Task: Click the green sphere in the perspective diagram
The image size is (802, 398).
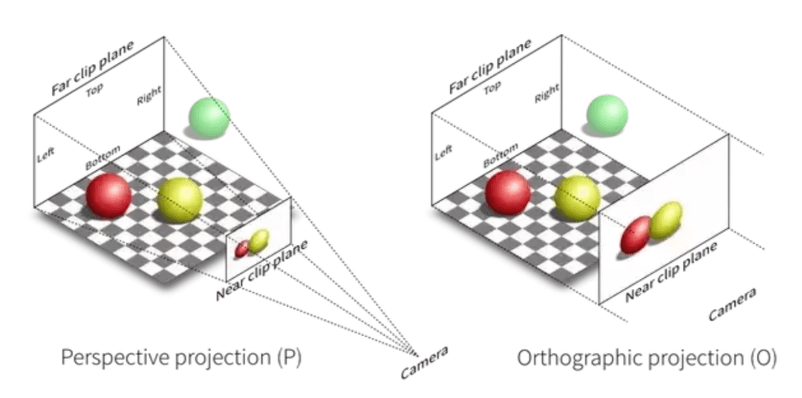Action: click(x=209, y=117)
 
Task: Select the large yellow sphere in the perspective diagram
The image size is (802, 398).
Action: click(x=180, y=200)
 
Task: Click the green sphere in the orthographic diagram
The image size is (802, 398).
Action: click(x=607, y=116)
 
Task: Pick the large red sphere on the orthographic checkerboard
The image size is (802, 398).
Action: click(x=508, y=192)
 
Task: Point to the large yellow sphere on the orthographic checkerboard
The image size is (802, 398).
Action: click(x=578, y=198)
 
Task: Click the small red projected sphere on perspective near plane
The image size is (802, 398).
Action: click(x=242, y=249)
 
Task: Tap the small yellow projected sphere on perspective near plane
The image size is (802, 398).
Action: click(x=259, y=241)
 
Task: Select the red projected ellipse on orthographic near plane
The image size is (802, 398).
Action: click(x=636, y=235)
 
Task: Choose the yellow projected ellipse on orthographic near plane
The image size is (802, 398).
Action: click(x=666, y=221)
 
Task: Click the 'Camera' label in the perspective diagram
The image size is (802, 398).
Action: click(x=424, y=362)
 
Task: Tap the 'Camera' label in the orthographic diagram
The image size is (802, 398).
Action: click(x=732, y=304)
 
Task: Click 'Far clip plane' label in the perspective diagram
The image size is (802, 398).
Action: click(x=93, y=68)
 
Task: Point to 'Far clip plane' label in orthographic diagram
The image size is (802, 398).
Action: click(x=491, y=66)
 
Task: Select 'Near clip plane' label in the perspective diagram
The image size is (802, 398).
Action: click(x=262, y=270)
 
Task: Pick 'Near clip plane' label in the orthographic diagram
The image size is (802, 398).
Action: click(x=671, y=270)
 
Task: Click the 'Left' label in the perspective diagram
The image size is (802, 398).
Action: click(x=45, y=155)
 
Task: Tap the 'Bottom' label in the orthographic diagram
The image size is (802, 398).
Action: click(x=501, y=155)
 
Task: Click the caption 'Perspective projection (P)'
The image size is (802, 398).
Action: click(x=181, y=358)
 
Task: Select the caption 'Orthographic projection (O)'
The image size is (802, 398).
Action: click(x=647, y=358)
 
